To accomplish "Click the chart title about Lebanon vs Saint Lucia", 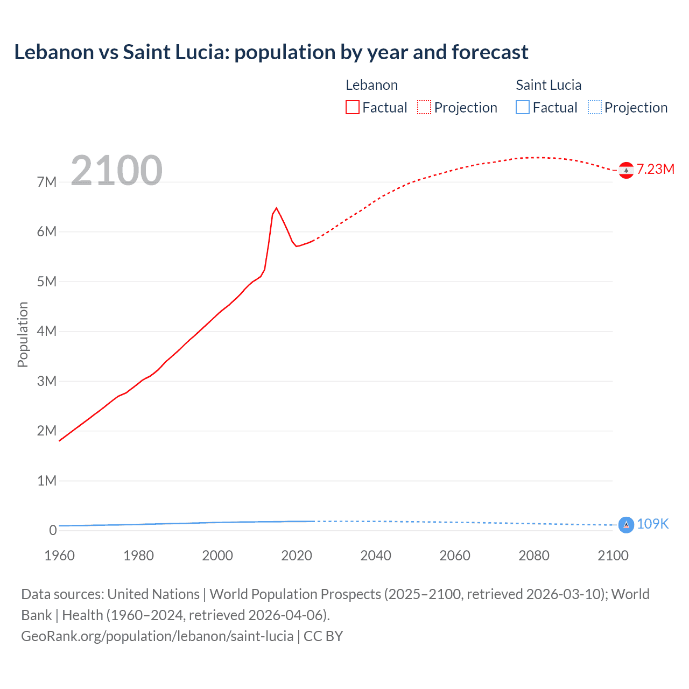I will click(x=271, y=52).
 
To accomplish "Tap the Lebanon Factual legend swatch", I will click(x=352, y=107).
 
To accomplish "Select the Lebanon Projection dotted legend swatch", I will click(x=424, y=107).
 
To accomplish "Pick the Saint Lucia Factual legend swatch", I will click(x=522, y=107).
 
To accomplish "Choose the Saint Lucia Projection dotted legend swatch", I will click(x=594, y=107).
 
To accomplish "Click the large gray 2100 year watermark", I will click(x=116, y=171).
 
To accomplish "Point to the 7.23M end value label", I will click(x=655, y=170).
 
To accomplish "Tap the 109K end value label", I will click(x=652, y=524).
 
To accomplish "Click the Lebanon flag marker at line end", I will click(x=626, y=170).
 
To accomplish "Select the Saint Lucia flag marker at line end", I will click(x=626, y=524).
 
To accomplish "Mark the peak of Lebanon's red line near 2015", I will click(x=276, y=208).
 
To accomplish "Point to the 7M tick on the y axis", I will click(x=47, y=182).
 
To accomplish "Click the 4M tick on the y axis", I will click(x=47, y=331).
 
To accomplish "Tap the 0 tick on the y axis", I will click(x=53, y=530).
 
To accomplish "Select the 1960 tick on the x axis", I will click(x=59, y=556).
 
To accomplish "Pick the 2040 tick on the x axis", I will click(x=376, y=556).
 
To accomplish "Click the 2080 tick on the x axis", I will click(x=534, y=556).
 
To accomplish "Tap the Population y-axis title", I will click(x=23, y=334).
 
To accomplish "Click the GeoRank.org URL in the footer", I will click(x=157, y=636).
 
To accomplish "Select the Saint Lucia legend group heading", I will click(x=549, y=85).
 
